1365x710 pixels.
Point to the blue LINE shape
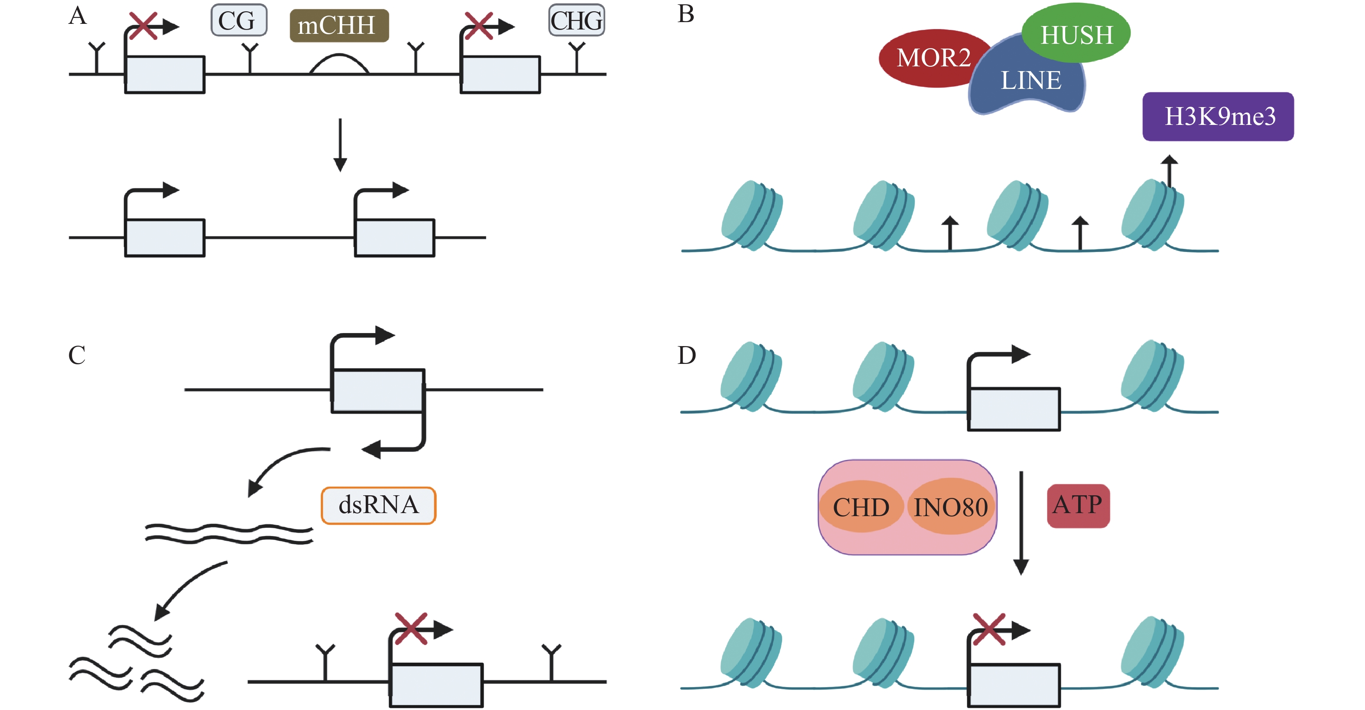(1030, 85)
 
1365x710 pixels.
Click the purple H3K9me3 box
(1218, 117)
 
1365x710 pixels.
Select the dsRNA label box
(378, 505)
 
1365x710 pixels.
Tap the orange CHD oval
(861, 507)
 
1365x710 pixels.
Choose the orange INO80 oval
(951, 507)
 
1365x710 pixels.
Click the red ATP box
(1078, 505)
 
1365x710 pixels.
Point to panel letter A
(78, 16)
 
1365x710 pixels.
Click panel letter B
(686, 14)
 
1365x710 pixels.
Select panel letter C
(77, 355)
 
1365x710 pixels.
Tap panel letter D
(687, 355)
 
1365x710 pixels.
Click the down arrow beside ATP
(1020, 522)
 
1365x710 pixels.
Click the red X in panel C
(411, 628)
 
